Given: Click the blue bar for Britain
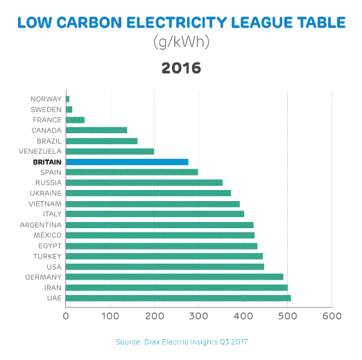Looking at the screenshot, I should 127,162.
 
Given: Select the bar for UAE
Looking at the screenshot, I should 178,298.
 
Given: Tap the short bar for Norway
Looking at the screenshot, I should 67,99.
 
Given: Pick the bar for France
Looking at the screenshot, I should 75,120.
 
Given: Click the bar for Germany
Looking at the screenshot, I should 174,277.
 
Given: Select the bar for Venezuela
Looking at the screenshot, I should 110,151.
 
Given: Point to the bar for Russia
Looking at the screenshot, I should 144,182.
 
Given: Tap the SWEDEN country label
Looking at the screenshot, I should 46,110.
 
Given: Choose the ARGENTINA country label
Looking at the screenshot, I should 41,225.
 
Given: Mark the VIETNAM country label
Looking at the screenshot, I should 44,204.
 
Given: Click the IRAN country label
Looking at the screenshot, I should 52,287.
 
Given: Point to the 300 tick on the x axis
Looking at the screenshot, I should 198,317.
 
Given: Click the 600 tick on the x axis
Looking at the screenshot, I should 331,317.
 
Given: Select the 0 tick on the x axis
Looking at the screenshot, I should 66,317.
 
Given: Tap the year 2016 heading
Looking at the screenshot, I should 181,68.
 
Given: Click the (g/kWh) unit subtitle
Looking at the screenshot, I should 181,42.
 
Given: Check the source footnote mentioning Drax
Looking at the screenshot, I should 181,342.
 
